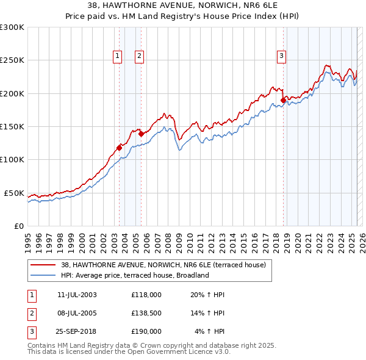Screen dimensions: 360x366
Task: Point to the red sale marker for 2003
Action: [x=120, y=147]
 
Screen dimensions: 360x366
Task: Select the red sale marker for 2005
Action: [x=141, y=134]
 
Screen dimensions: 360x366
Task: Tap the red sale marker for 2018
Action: [x=283, y=100]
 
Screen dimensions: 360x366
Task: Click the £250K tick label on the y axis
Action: [x=12, y=60]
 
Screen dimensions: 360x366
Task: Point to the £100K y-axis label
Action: [x=12, y=159]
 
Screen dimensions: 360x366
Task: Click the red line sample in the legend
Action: [x=43, y=265]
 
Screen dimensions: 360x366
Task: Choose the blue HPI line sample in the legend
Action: [x=43, y=275]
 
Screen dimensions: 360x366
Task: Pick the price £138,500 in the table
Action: [x=146, y=313]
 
